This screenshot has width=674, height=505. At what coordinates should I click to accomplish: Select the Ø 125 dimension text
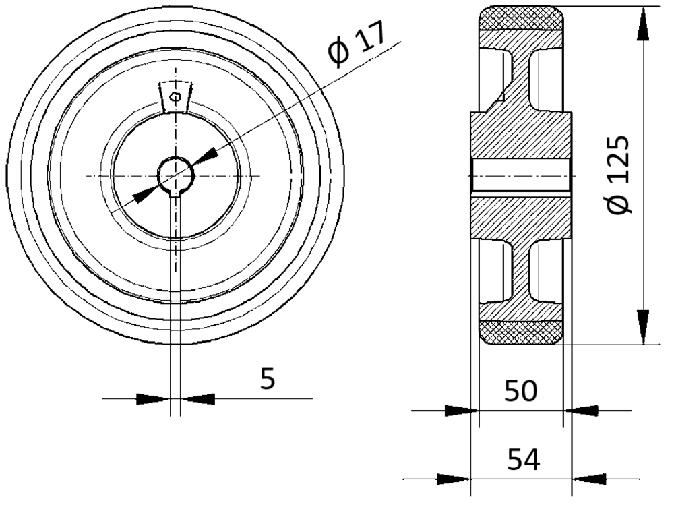point(619,174)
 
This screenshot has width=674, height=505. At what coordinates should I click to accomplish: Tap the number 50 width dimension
point(520,391)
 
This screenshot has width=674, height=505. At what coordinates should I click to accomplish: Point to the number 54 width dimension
point(523,459)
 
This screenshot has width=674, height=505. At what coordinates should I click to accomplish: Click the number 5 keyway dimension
point(268,379)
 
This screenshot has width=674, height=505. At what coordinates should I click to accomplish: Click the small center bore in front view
point(176,175)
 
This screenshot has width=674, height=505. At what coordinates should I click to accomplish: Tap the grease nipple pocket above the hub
point(175,96)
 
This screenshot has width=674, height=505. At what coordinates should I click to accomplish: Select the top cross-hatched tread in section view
point(521,18)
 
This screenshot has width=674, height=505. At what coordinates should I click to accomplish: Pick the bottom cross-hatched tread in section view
point(521,332)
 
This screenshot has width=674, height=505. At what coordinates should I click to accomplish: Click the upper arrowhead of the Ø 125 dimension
point(643,26)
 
